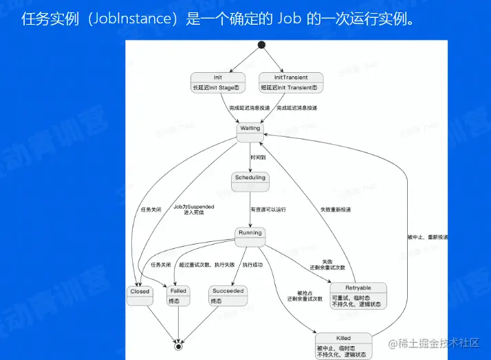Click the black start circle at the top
click(261, 45)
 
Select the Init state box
click(218, 82)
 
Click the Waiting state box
click(250, 132)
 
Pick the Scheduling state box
click(250, 181)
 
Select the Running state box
click(250, 236)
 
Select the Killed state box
click(343, 344)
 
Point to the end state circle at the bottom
click(179, 346)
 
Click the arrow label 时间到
click(259, 157)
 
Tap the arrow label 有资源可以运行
click(268, 209)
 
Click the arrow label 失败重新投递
click(335, 209)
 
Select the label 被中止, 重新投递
click(427, 237)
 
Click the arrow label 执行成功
click(252, 265)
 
